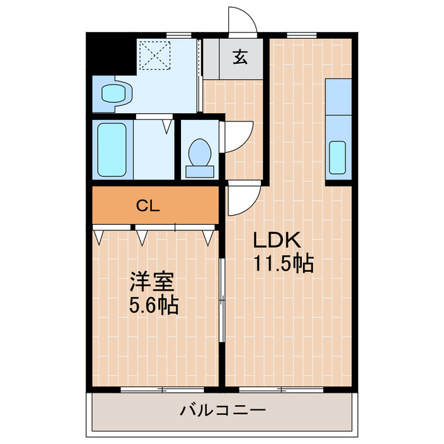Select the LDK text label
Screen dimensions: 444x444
coord(275,241)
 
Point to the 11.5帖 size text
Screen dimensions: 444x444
coord(283,264)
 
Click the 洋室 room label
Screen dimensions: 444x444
coord(151,282)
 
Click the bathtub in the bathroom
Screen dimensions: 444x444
coord(111,149)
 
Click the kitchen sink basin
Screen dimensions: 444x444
coord(337,157)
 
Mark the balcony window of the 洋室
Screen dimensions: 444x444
coord(162,388)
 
